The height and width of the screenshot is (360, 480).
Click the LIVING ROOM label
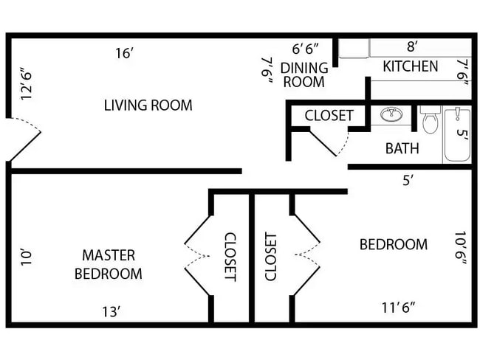point(148,105)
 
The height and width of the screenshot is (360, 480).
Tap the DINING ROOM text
point(304,74)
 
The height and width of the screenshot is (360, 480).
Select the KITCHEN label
point(410,66)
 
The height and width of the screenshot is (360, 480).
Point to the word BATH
point(402,148)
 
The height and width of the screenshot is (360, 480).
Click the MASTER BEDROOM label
point(108,264)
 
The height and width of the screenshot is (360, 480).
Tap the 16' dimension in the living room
point(124,53)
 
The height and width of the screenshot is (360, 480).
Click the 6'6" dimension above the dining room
point(305,49)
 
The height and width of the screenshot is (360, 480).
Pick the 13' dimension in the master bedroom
point(111,311)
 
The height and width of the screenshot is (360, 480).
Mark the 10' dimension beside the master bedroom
point(27,257)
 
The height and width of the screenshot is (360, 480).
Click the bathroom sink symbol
point(391,114)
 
